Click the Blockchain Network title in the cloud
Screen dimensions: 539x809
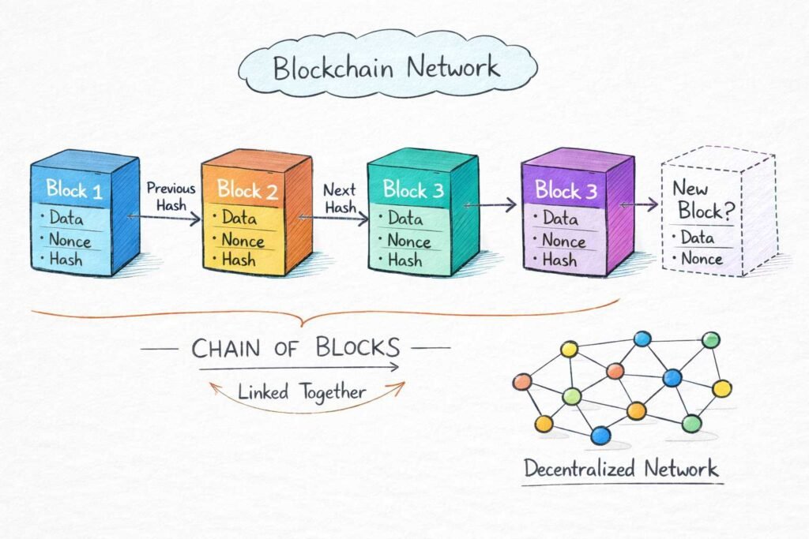click(x=386, y=68)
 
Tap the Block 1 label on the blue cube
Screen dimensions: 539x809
click(x=73, y=189)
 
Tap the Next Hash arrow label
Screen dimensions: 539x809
click(x=340, y=198)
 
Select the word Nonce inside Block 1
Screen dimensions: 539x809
click(x=70, y=239)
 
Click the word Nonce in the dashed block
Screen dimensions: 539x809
click(x=702, y=259)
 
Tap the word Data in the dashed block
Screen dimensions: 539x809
click(x=696, y=238)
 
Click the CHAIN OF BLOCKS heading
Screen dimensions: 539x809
click(x=295, y=347)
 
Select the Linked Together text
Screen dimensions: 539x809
click(x=302, y=391)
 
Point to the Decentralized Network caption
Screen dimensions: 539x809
click(x=621, y=468)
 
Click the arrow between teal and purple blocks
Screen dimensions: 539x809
click(x=490, y=205)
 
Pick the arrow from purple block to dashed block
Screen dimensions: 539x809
click(x=639, y=205)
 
